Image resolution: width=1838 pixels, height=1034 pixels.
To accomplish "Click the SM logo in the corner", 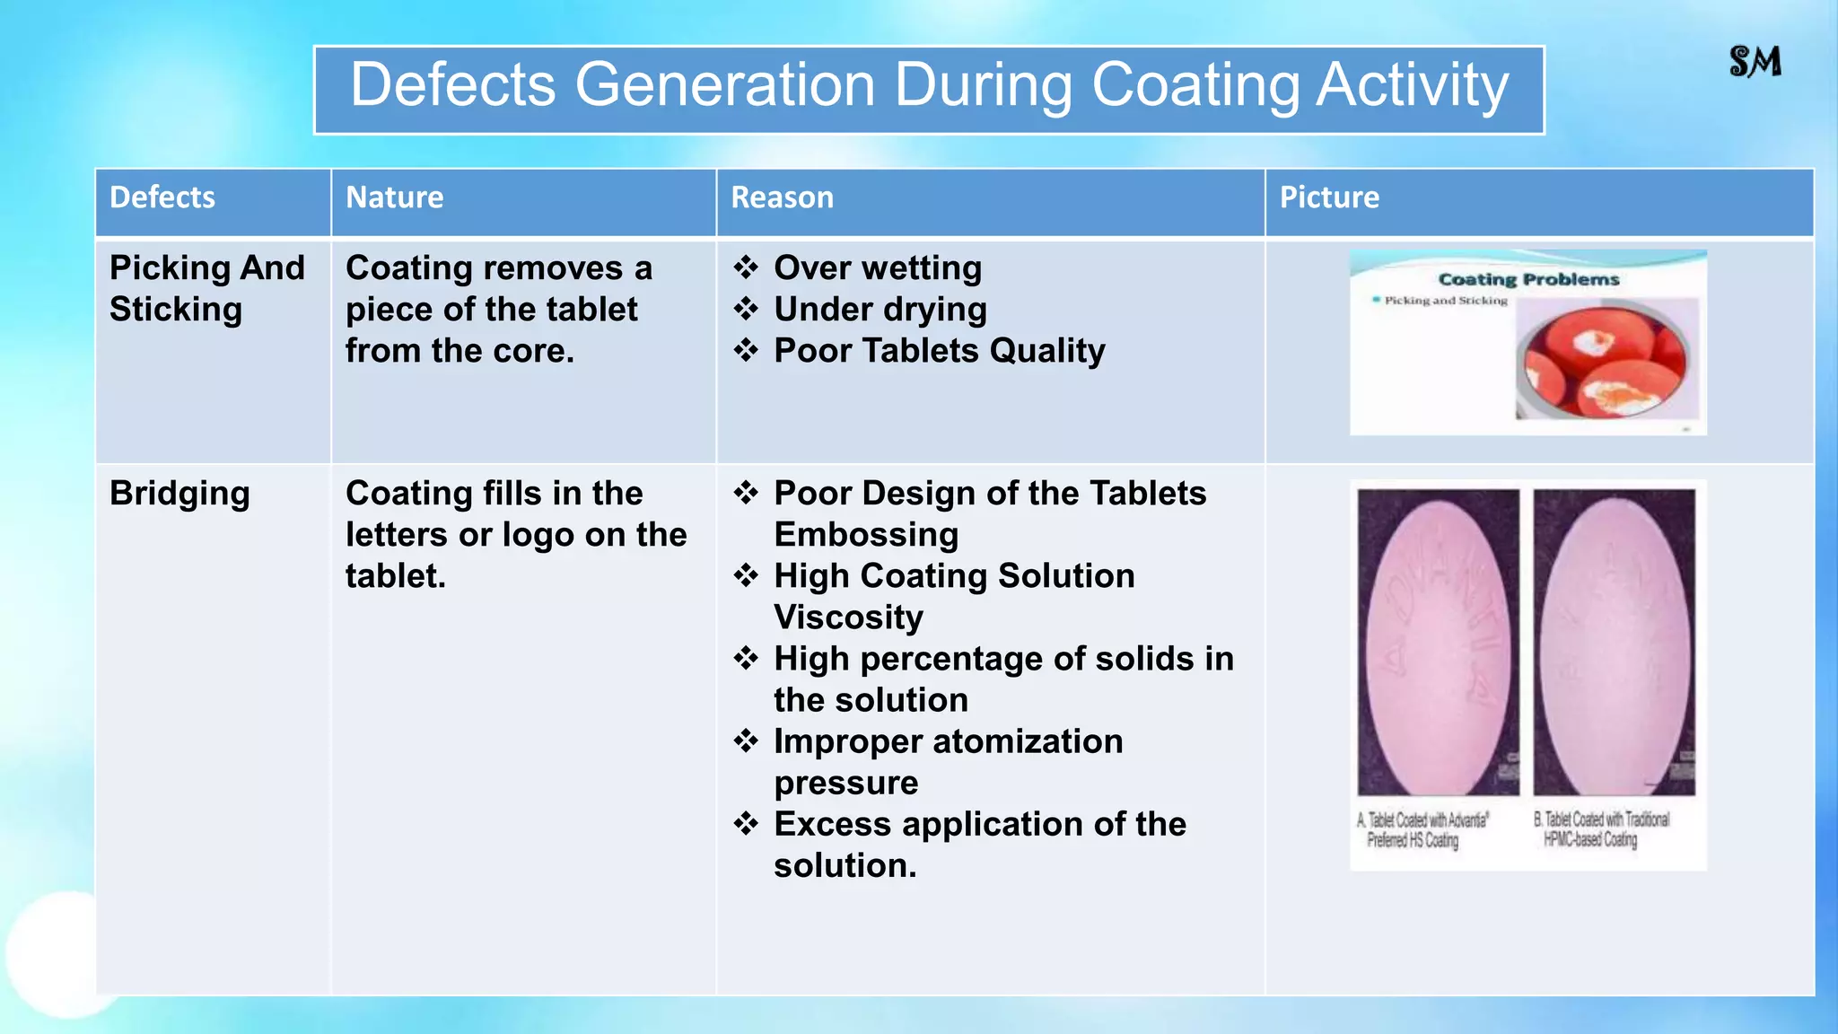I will pyautogui.click(x=1755, y=62).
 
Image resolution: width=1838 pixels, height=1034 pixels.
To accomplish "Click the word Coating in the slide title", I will pyautogui.click(x=1195, y=85).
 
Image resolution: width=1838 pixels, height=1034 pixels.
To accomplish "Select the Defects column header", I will pyautogui.click(x=162, y=197).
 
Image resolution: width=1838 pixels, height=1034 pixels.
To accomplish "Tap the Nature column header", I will pyautogui.click(x=395, y=197).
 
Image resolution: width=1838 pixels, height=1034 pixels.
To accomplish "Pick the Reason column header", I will pyautogui.click(x=782, y=197).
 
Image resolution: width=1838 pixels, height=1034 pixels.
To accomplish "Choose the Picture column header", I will pyautogui.click(x=1329, y=197).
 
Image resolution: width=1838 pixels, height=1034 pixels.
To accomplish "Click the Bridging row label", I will pyautogui.click(x=179, y=494).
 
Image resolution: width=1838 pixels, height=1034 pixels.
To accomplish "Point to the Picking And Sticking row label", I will pyautogui.click(x=206, y=288).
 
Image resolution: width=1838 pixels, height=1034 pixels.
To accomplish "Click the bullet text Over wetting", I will pyautogui.click(x=878, y=267).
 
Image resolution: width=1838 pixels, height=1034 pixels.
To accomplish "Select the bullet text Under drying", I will pyautogui.click(x=880, y=309).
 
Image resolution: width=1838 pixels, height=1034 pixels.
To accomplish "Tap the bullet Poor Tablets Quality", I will pyautogui.click(x=940, y=350).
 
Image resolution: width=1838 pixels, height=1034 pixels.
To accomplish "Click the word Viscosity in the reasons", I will pyautogui.click(x=848, y=617).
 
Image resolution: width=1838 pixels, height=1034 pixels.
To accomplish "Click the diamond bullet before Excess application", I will pyautogui.click(x=746, y=823).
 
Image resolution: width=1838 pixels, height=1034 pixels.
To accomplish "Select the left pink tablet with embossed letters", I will pyautogui.click(x=1437, y=642).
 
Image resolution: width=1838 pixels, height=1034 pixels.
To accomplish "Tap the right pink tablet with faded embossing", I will pyautogui.click(x=1614, y=642).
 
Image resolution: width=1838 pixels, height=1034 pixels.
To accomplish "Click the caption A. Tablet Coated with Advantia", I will pyautogui.click(x=1422, y=830).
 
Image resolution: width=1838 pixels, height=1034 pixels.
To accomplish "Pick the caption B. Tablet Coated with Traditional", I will pyautogui.click(x=1601, y=829).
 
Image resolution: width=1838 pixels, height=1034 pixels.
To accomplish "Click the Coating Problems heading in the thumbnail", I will pyautogui.click(x=1528, y=279).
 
